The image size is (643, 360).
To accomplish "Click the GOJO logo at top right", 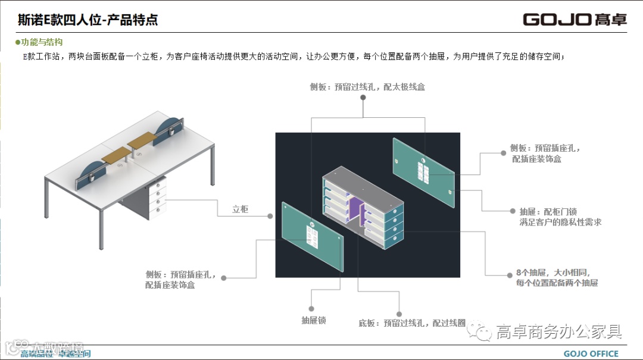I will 575,19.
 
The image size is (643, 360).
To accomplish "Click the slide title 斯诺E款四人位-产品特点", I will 88,20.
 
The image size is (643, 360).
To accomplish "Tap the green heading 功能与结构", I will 40,43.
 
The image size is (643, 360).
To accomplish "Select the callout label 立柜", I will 241,209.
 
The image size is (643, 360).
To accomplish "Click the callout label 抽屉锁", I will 313,320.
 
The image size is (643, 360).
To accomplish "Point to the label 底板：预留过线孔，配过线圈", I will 412,323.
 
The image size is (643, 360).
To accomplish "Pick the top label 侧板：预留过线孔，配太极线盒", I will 367,87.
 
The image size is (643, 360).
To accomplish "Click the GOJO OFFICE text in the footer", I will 591,353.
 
